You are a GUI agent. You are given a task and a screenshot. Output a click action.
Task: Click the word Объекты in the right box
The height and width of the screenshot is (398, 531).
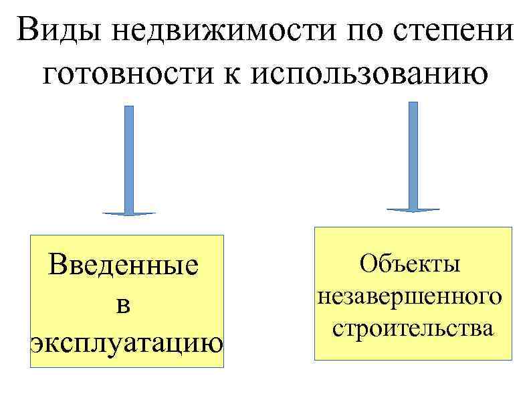click(x=410, y=263)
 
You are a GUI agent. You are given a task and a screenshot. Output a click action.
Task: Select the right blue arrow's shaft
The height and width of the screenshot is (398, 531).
click(x=413, y=154)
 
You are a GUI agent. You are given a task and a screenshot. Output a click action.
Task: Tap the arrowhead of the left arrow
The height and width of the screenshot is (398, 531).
click(x=128, y=213)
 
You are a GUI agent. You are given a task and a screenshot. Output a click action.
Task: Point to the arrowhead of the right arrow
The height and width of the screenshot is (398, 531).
click(x=413, y=209)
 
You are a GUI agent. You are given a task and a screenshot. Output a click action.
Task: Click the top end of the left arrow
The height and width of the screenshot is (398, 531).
click(x=128, y=108)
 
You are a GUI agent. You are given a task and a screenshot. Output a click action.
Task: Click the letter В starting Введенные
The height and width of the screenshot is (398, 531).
click(x=58, y=266)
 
